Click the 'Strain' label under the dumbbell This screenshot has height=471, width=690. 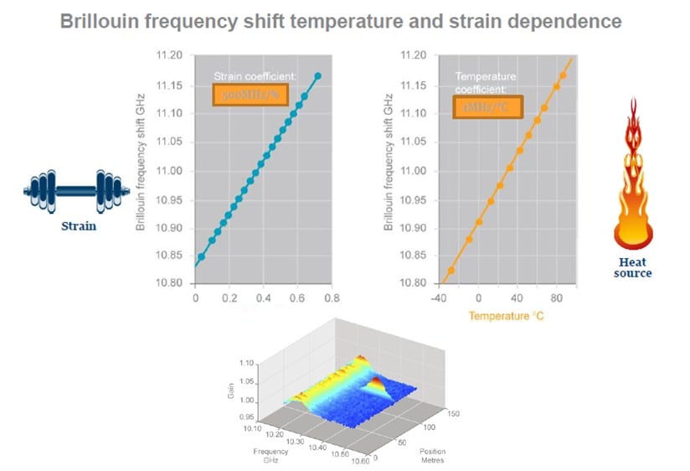[x=77, y=225]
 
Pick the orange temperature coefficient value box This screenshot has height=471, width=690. [x=489, y=106]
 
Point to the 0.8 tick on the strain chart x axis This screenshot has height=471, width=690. [x=332, y=298]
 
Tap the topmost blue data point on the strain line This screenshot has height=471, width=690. [x=317, y=76]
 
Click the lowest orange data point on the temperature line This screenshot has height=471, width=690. [x=451, y=271]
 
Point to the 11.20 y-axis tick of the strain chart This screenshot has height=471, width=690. [x=168, y=56]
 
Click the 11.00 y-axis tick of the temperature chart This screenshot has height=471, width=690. [x=416, y=171]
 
